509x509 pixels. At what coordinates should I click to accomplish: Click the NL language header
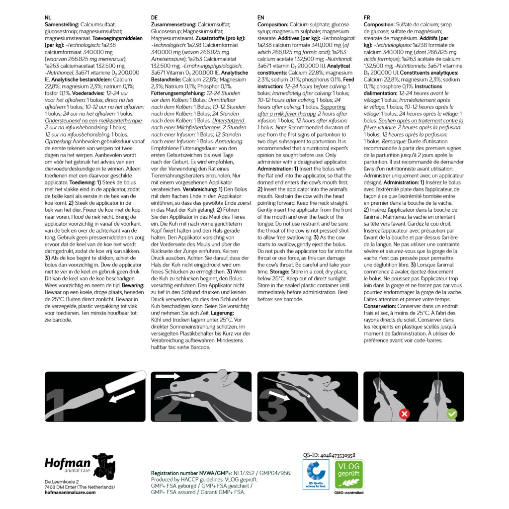pos(48,17)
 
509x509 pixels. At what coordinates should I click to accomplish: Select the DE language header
pos(154,17)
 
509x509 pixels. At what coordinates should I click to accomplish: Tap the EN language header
pos(261,17)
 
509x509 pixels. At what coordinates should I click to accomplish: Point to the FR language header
pos(367,17)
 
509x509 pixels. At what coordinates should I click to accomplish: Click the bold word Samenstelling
pos(62,24)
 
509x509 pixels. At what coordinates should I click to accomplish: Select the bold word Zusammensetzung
pos(173,24)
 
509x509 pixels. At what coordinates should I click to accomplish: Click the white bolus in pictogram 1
pos(122,385)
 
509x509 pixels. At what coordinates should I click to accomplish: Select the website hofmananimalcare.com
pos(70,492)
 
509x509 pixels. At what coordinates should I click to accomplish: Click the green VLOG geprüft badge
pos(349,474)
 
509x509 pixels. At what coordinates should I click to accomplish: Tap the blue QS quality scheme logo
pos(316,475)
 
